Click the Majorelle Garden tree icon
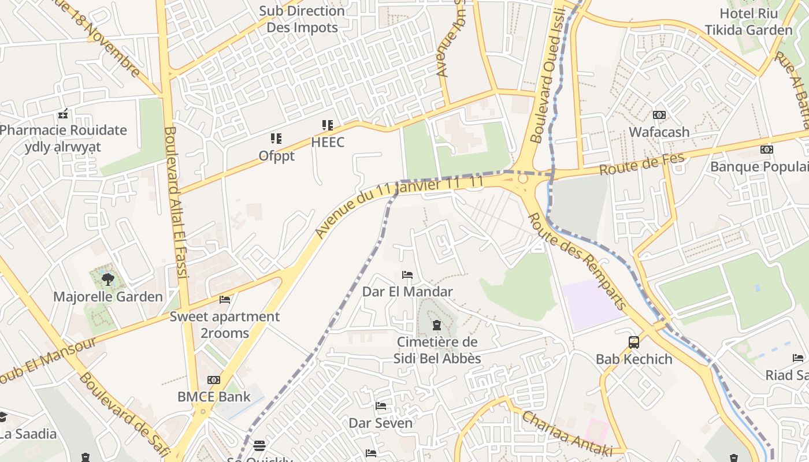click(x=107, y=280)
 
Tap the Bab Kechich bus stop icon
click(x=634, y=342)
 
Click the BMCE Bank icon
click(x=214, y=380)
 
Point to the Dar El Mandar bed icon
click(x=407, y=275)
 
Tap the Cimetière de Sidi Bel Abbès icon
click(x=437, y=326)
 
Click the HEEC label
click(x=328, y=142)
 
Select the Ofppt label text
click(x=276, y=156)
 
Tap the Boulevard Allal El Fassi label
click(x=177, y=202)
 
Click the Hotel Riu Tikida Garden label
click(x=748, y=22)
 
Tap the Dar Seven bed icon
click(x=381, y=406)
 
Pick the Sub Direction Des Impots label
click(x=302, y=19)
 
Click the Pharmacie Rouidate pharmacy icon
click(x=64, y=114)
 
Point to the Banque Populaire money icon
click(x=766, y=150)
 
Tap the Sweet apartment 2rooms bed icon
click(x=225, y=300)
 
